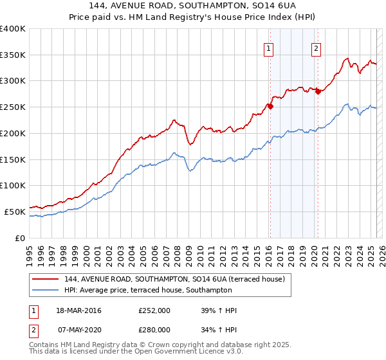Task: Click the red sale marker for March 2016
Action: pyautogui.click(x=270, y=106)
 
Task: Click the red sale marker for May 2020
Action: pyautogui.click(x=318, y=91)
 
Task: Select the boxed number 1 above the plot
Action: pyautogui.click(x=268, y=48)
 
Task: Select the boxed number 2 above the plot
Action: pyautogui.click(x=317, y=48)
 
